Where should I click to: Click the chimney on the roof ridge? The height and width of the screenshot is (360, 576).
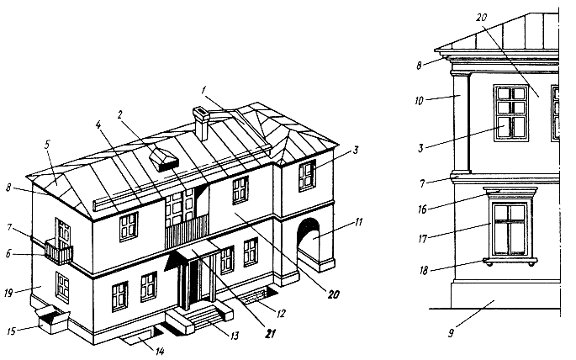pyautogui.click(x=201, y=122)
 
